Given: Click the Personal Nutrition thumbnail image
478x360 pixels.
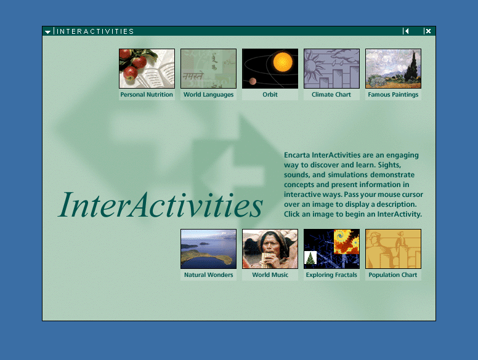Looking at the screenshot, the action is [147, 68].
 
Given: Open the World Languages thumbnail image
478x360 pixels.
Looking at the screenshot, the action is [209, 68].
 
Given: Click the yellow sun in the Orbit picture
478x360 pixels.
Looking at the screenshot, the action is [283, 62].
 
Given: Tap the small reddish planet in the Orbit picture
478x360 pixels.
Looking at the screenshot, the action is [253, 81].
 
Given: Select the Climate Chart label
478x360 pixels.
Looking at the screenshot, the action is [331, 94].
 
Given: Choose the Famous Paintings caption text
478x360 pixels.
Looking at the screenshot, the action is [393, 95].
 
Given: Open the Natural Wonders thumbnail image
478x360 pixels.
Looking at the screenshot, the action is [209, 249].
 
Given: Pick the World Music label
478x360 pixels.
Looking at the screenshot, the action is [270, 274].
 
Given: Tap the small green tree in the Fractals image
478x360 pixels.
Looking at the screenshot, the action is [310, 258].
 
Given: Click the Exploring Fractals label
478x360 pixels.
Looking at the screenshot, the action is [331, 275].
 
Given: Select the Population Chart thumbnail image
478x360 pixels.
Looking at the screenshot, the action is [393, 249].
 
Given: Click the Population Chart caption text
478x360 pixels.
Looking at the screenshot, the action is [392, 275].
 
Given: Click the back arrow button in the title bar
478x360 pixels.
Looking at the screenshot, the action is [406, 31].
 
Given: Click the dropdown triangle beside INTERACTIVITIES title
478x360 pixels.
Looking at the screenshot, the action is [47, 31].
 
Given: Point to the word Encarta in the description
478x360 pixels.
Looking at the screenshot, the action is [297, 155].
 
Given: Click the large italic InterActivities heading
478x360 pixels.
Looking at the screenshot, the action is [160, 205].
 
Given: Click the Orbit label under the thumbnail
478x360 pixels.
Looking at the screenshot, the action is [270, 94].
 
